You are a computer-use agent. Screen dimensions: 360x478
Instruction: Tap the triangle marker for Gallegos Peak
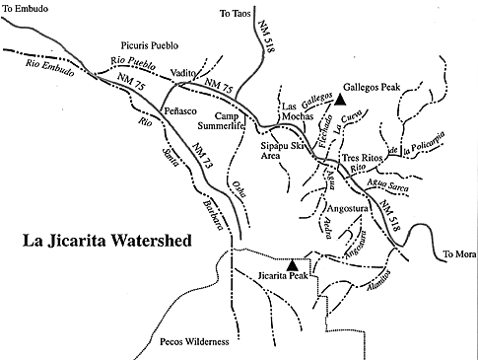[x=340, y=99]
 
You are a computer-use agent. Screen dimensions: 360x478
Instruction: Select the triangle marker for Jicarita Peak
[x=292, y=264]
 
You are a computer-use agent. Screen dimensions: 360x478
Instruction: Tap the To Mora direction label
[x=458, y=253]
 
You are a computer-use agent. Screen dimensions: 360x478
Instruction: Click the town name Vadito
[x=182, y=88]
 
